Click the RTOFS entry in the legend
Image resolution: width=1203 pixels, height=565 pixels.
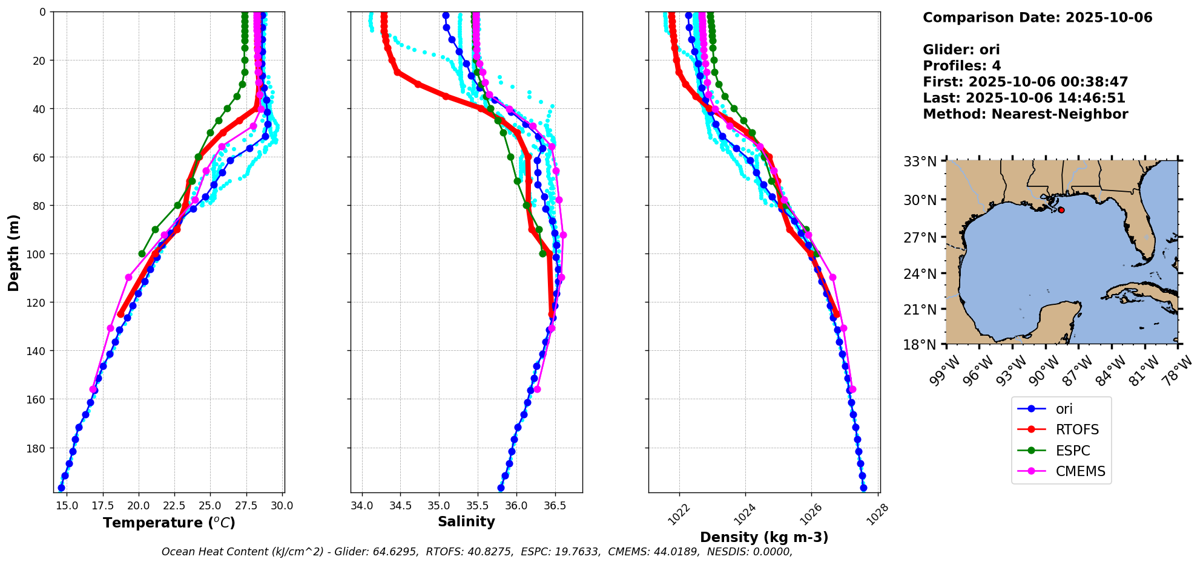[1076, 429]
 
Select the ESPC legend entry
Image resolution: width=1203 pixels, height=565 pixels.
[1072, 451]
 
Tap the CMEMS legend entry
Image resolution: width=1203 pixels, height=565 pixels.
[1080, 471]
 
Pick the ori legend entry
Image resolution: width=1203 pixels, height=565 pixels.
[1064, 409]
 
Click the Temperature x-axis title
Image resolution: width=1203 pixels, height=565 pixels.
[169, 523]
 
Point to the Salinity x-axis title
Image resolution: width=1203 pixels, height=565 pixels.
[466, 521]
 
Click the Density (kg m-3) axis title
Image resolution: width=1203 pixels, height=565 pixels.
[764, 537]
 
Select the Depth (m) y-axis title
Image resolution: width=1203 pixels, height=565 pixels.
[14, 252]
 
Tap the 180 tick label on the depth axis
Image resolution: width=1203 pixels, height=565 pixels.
[38, 448]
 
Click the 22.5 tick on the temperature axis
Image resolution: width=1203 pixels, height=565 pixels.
[174, 506]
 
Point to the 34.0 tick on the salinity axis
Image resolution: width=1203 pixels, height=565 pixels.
[362, 506]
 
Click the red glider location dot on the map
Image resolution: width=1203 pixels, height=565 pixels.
[1061, 210]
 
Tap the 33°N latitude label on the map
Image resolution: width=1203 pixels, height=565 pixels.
[920, 162]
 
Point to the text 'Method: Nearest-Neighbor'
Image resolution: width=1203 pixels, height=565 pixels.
[1025, 114]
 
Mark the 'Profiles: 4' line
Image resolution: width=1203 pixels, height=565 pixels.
[961, 66]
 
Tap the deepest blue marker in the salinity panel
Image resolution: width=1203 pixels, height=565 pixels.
[501, 488]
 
